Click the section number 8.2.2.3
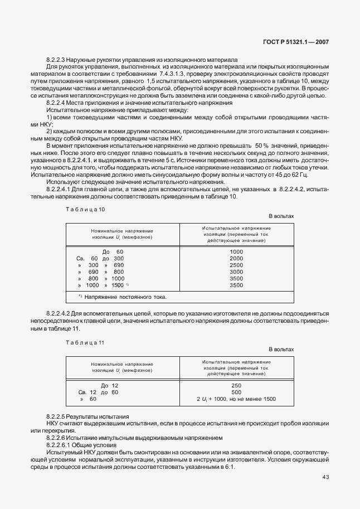[58, 59]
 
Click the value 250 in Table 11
[236, 385]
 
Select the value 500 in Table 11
[236, 392]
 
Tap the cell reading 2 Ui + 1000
[236, 399]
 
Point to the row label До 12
[110, 385]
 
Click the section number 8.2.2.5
[58, 417]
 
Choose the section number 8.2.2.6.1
[60, 445]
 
